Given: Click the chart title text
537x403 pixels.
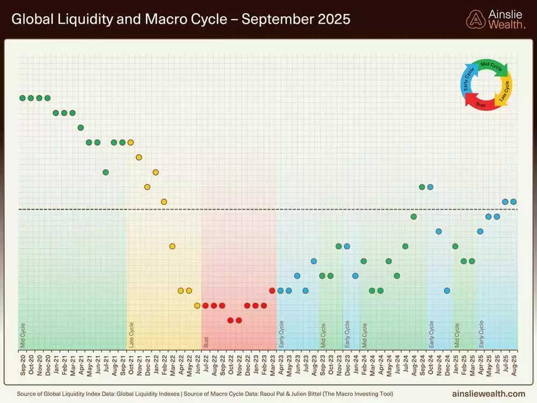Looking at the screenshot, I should pos(180,20).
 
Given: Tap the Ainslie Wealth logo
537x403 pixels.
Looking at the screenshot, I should pos(495,19).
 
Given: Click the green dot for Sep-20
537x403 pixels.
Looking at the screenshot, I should pos(23,98).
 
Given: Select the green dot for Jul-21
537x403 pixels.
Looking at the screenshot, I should pos(106,172).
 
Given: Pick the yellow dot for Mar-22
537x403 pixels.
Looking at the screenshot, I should pos(172,246).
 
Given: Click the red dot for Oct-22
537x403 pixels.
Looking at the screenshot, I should pos(230,320).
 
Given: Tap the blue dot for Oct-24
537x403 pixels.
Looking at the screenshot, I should pos(430,187).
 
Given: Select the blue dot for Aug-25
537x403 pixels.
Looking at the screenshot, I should pos(513,201).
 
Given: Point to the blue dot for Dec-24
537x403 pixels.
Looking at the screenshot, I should pos(447,291).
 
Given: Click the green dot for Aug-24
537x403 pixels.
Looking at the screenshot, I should pos(413,217).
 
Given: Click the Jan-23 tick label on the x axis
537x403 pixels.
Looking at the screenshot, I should pos(256,364).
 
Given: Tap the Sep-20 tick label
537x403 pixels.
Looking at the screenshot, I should pos(23,364).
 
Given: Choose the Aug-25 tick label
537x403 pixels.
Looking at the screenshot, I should pos(513,364).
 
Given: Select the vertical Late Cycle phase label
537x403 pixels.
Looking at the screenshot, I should pos(131,334).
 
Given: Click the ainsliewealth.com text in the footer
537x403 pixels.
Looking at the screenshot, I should pos(488,394).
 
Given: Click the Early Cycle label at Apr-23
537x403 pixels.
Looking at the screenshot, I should pos(281,334).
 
